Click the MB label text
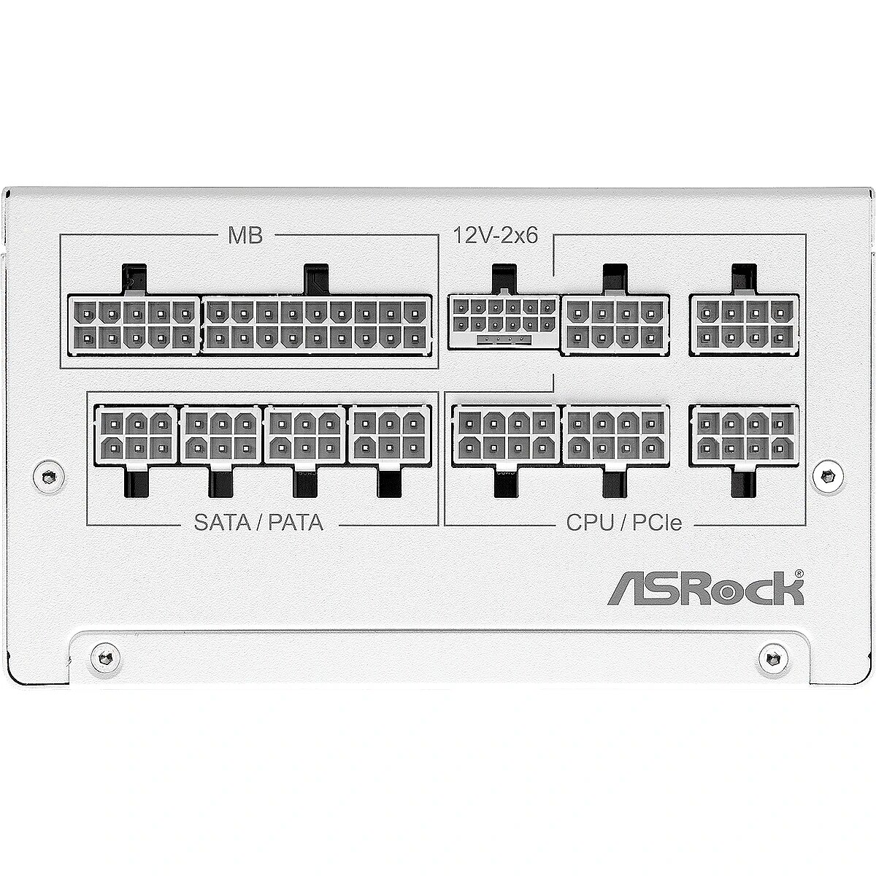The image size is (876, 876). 245,235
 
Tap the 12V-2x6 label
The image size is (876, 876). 496,236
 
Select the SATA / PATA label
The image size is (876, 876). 258,523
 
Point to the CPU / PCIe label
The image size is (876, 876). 623,523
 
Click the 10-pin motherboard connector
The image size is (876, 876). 134,324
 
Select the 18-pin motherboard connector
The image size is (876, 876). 316,324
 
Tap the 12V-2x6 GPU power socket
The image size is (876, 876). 504,322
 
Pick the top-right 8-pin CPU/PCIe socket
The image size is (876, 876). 744,325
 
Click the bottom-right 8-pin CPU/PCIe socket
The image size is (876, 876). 744,436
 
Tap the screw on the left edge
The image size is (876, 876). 49,476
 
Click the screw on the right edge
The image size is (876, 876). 827,476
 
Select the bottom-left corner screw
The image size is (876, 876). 105,657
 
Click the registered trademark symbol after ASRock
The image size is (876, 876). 799,573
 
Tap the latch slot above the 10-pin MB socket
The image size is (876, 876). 134,278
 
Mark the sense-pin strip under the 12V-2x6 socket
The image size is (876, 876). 504,339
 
